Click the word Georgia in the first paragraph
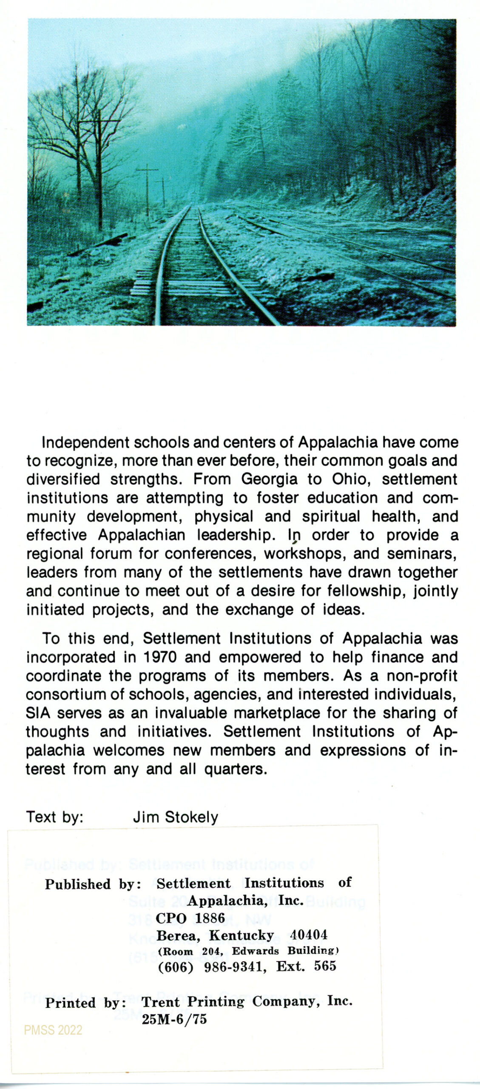pyautogui.click(x=269, y=479)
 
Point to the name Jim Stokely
pyautogui.click(x=175, y=817)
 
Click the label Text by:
pyautogui.click(x=55, y=817)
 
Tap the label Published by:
pyautogui.click(x=93, y=884)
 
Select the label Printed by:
pyautogui.click(x=86, y=1003)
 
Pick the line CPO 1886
pyautogui.click(x=190, y=918)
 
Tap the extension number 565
pyautogui.click(x=325, y=966)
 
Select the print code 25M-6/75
pyautogui.click(x=174, y=1019)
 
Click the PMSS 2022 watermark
pyautogui.click(x=53, y=1030)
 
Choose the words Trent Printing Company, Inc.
pyautogui.click(x=247, y=1002)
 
